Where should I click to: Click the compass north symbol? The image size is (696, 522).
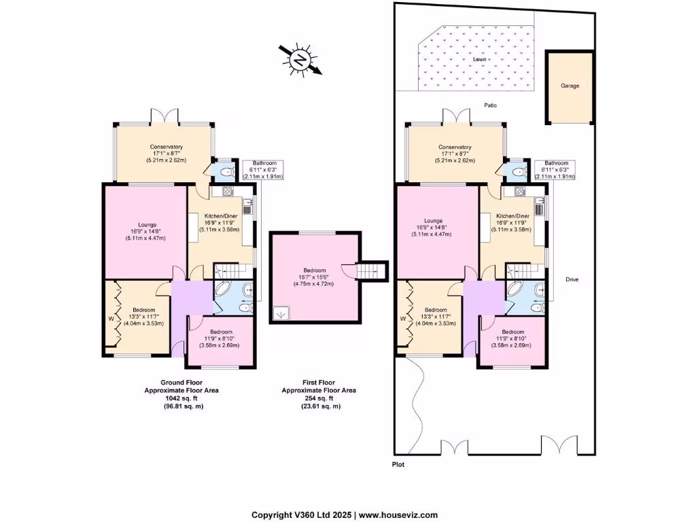(x=299, y=60)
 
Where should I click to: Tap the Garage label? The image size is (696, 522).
(x=570, y=86)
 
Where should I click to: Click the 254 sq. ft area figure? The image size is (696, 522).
(x=320, y=398)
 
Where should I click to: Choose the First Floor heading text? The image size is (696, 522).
(x=320, y=383)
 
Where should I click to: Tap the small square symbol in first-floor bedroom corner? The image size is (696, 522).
(x=280, y=315)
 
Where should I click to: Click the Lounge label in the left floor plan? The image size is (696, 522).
(x=148, y=225)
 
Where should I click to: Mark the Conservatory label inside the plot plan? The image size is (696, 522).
(x=455, y=147)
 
